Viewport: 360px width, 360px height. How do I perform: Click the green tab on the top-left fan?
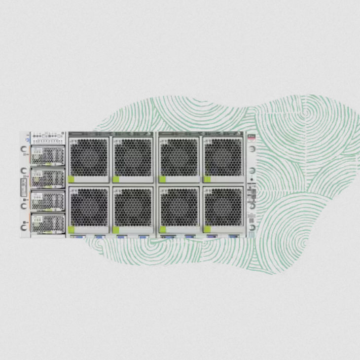(x=72, y=179)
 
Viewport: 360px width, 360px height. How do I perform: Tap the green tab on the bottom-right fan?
(x=207, y=229)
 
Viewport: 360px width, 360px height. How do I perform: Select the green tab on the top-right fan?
(x=207, y=179)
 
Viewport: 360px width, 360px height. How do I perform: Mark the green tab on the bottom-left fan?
(x=72, y=229)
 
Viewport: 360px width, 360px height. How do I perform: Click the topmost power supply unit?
(x=48, y=155)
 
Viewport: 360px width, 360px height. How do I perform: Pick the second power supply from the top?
(x=48, y=178)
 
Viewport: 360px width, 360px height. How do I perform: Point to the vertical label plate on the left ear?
(x=23, y=187)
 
